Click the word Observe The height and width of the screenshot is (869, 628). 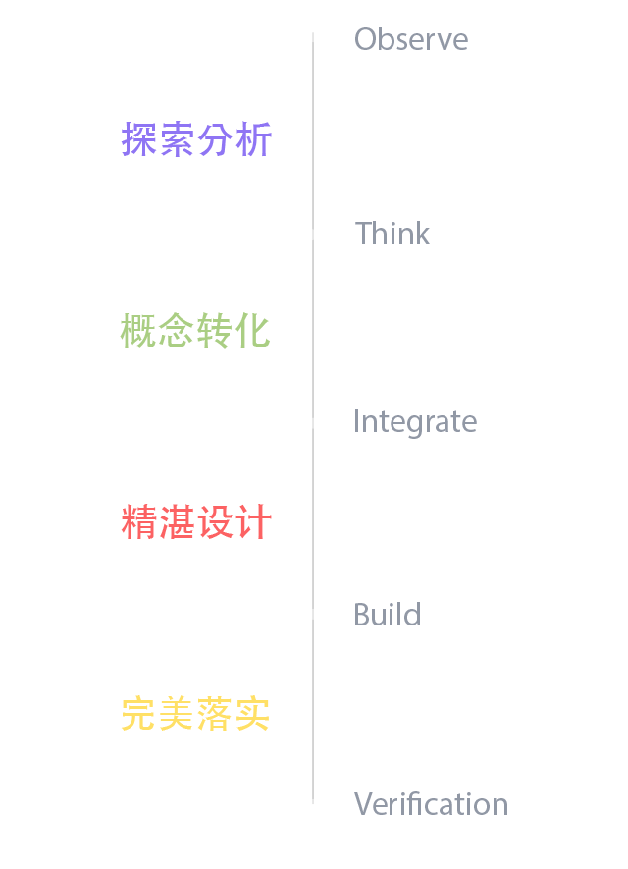(411, 39)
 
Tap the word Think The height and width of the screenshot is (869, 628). (392, 233)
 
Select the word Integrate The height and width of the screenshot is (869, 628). (415, 423)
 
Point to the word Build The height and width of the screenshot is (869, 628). (388, 614)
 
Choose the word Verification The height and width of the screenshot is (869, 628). (432, 803)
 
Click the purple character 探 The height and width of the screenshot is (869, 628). (139, 139)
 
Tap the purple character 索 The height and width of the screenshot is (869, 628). (178, 139)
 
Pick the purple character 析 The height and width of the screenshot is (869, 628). (253, 139)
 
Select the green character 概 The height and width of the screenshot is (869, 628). (138, 330)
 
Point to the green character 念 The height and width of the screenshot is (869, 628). (177, 330)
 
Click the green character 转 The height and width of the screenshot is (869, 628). (214, 330)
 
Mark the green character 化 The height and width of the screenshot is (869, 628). (252, 330)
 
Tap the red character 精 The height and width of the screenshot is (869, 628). (139, 521)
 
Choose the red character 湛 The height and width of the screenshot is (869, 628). (178, 521)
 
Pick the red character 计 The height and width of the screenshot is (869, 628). (253, 521)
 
